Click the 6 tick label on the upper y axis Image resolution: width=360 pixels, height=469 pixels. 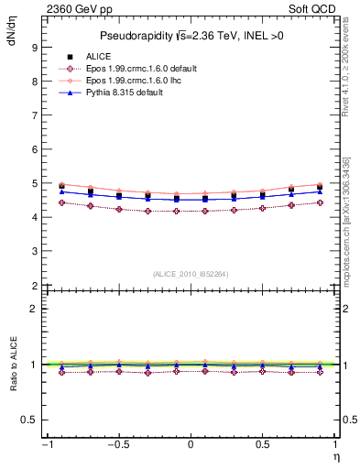34,149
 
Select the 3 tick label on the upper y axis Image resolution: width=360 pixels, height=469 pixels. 34,252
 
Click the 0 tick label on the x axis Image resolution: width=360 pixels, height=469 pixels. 190,446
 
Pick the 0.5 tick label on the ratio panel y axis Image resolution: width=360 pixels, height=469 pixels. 30,420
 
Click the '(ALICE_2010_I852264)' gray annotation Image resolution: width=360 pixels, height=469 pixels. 190,272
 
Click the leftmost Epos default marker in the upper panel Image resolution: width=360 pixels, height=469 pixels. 61,202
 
